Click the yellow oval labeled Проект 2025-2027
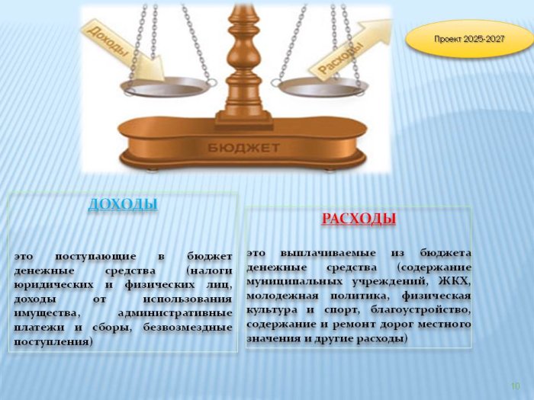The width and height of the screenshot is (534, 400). pyautogui.click(x=468, y=39)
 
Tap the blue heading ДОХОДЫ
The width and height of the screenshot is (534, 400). pyautogui.click(x=123, y=204)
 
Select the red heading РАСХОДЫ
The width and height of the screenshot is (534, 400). pyautogui.click(x=359, y=219)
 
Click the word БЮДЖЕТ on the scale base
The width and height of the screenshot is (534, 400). pyautogui.click(x=243, y=148)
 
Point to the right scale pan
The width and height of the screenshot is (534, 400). pyautogui.click(x=323, y=88)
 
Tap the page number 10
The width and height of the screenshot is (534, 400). pyautogui.click(x=516, y=386)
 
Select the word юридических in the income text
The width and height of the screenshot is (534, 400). pyautogui.click(x=53, y=285)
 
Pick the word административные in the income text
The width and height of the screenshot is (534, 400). pyautogui.click(x=175, y=313)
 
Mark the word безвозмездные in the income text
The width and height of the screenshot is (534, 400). pyautogui.click(x=188, y=328)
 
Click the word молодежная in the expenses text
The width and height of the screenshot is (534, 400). pyautogui.click(x=283, y=296)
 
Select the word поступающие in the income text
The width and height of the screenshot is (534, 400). pyautogui.click(x=95, y=257)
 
